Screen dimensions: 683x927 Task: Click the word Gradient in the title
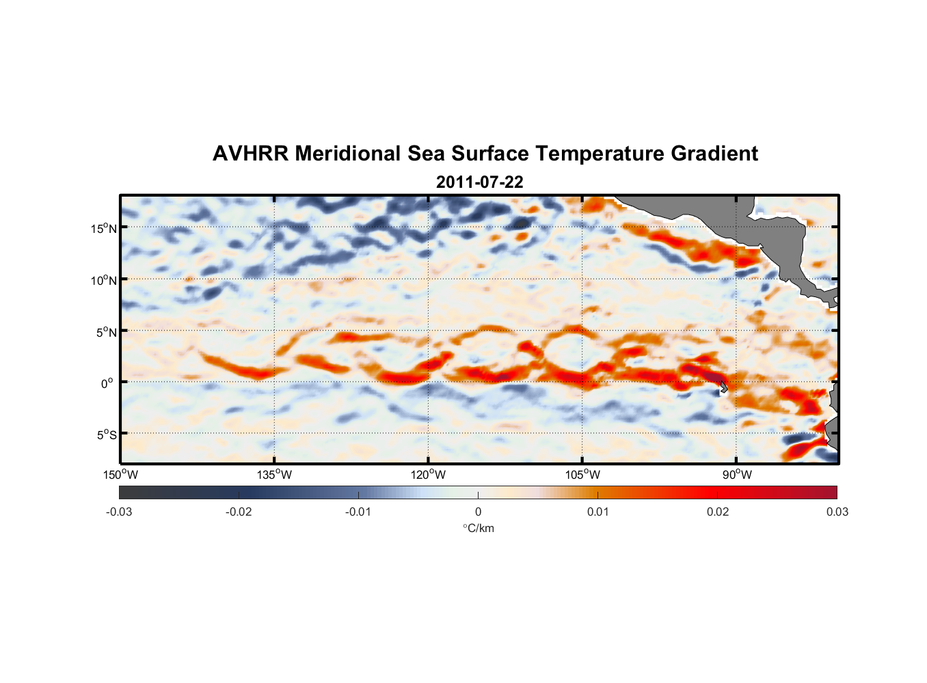714,154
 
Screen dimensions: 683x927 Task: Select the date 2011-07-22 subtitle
479,182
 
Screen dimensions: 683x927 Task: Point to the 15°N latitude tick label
104,228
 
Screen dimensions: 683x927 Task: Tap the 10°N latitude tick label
104,280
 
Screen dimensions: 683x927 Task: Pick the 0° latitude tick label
107,383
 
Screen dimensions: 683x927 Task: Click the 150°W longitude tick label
121,475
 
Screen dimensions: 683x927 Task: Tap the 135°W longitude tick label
275,475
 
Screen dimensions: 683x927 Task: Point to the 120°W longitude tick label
429,475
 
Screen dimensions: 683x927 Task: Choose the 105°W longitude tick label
582,475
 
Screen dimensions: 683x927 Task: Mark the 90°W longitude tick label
737,475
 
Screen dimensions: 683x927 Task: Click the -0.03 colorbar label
119,512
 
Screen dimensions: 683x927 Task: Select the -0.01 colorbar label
358,512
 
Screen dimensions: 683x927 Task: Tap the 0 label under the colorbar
478,512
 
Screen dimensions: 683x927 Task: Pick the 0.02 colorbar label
718,512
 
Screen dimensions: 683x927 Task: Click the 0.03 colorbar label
837,512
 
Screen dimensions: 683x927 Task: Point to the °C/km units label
479,529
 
